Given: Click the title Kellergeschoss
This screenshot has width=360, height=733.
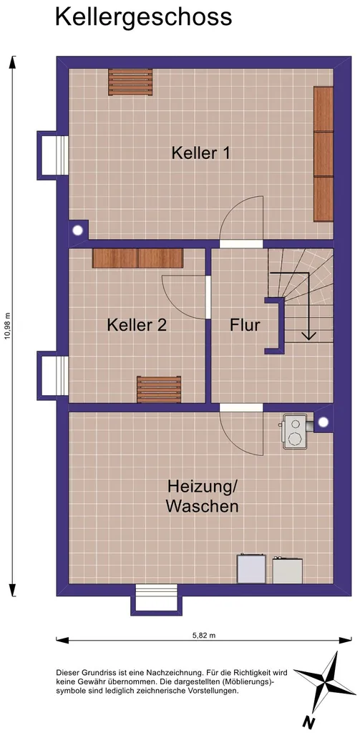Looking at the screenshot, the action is [x=144, y=17].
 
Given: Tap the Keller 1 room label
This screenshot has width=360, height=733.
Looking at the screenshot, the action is [x=201, y=153].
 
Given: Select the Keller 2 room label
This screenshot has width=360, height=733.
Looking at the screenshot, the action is [x=137, y=325].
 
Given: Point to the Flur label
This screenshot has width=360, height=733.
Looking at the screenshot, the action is [x=245, y=325].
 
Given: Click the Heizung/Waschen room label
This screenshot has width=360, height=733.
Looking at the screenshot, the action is [x=203, y=497].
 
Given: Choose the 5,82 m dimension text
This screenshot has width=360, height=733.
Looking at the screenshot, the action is [x=204, y=636].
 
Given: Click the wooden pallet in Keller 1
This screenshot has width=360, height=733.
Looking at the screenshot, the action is [x=130, y=82].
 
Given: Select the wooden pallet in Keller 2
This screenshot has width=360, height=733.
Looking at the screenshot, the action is [x=159, y=389].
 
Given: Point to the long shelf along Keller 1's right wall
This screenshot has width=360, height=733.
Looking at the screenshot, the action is [x=323, y=153].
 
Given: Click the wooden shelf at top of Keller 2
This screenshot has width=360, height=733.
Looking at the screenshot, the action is [x=137, y=258].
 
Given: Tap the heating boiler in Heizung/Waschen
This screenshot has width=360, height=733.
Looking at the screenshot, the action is [x=295, y=430].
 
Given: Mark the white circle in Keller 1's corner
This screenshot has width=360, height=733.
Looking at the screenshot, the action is [x=77, y=230].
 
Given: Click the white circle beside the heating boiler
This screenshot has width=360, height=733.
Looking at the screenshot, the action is [x=323, y=422].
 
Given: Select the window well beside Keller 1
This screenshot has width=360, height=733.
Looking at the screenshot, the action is [x=53, y=155].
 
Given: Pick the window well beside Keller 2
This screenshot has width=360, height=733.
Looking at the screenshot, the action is [x=53, y=375].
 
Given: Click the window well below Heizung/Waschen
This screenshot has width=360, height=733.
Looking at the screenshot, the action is [x=157, y=599].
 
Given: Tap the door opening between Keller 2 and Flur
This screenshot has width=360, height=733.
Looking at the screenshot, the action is [x=208, y=297].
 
